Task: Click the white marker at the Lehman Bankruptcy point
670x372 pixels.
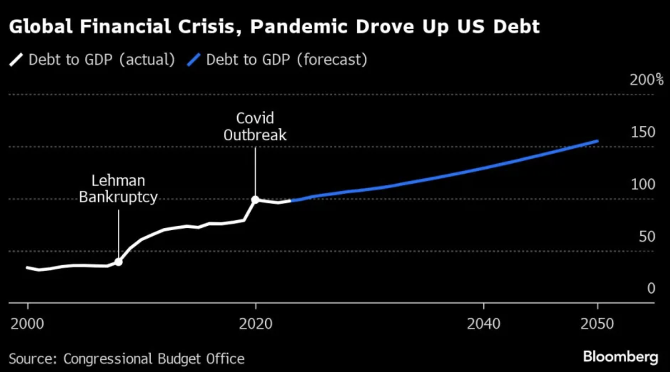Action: [x=118, y=262]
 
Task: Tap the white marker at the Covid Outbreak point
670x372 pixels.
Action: [x=255, y=200]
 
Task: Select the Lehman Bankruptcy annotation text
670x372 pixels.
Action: [x=118, y=189]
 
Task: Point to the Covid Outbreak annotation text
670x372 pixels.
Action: [x=255, y=126]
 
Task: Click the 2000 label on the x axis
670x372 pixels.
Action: [x=27, y=324]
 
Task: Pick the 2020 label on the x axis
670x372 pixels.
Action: [x=256, y=324]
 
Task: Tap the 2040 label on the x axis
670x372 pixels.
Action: [x=483, y=324]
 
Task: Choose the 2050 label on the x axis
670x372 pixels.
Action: [x=597, y=324]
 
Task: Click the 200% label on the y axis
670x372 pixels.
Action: [x=646, y=80]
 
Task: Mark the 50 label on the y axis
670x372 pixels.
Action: [x=647, y=237]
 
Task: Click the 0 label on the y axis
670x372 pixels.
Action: [x=651, y=288]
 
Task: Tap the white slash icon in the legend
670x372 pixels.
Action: [x=16, y=60]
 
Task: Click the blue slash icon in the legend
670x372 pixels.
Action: [x=194, y=60]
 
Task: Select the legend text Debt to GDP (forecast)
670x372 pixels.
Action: [x=287, y=60]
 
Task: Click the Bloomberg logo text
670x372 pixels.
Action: [x=620, y=356]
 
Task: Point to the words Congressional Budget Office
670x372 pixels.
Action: [x=154, y=359]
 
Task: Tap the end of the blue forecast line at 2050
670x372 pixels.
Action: [x=597, y=141]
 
